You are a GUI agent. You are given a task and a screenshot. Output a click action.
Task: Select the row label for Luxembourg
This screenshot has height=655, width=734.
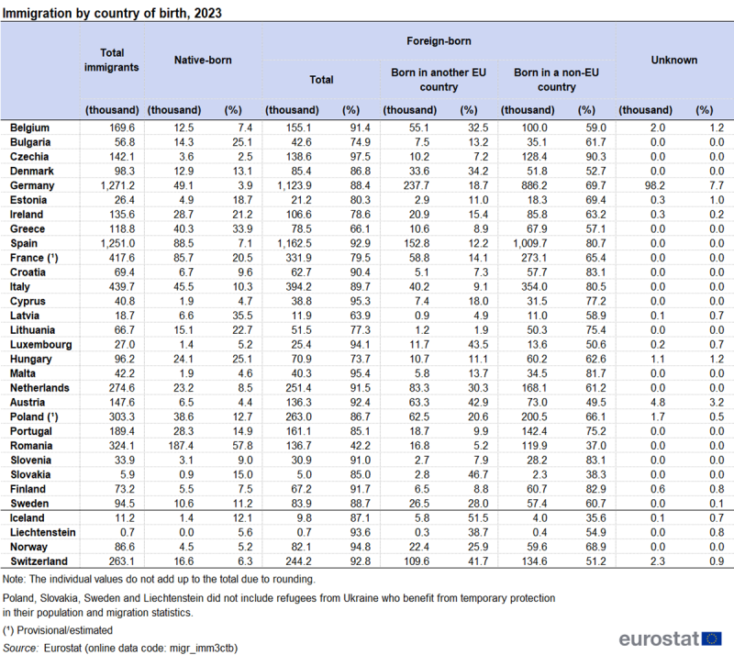[x=40, y=343]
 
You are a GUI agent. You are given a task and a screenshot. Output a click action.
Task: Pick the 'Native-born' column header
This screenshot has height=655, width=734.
[x=203, y=61]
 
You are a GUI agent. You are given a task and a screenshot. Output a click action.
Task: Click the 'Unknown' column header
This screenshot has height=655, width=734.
[x=673, y=61]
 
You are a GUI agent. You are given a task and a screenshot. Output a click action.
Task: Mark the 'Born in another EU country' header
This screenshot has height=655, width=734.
[x=437, y=80]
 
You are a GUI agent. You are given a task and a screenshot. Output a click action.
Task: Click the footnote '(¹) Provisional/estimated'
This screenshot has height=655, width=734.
[x=58, y=630]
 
